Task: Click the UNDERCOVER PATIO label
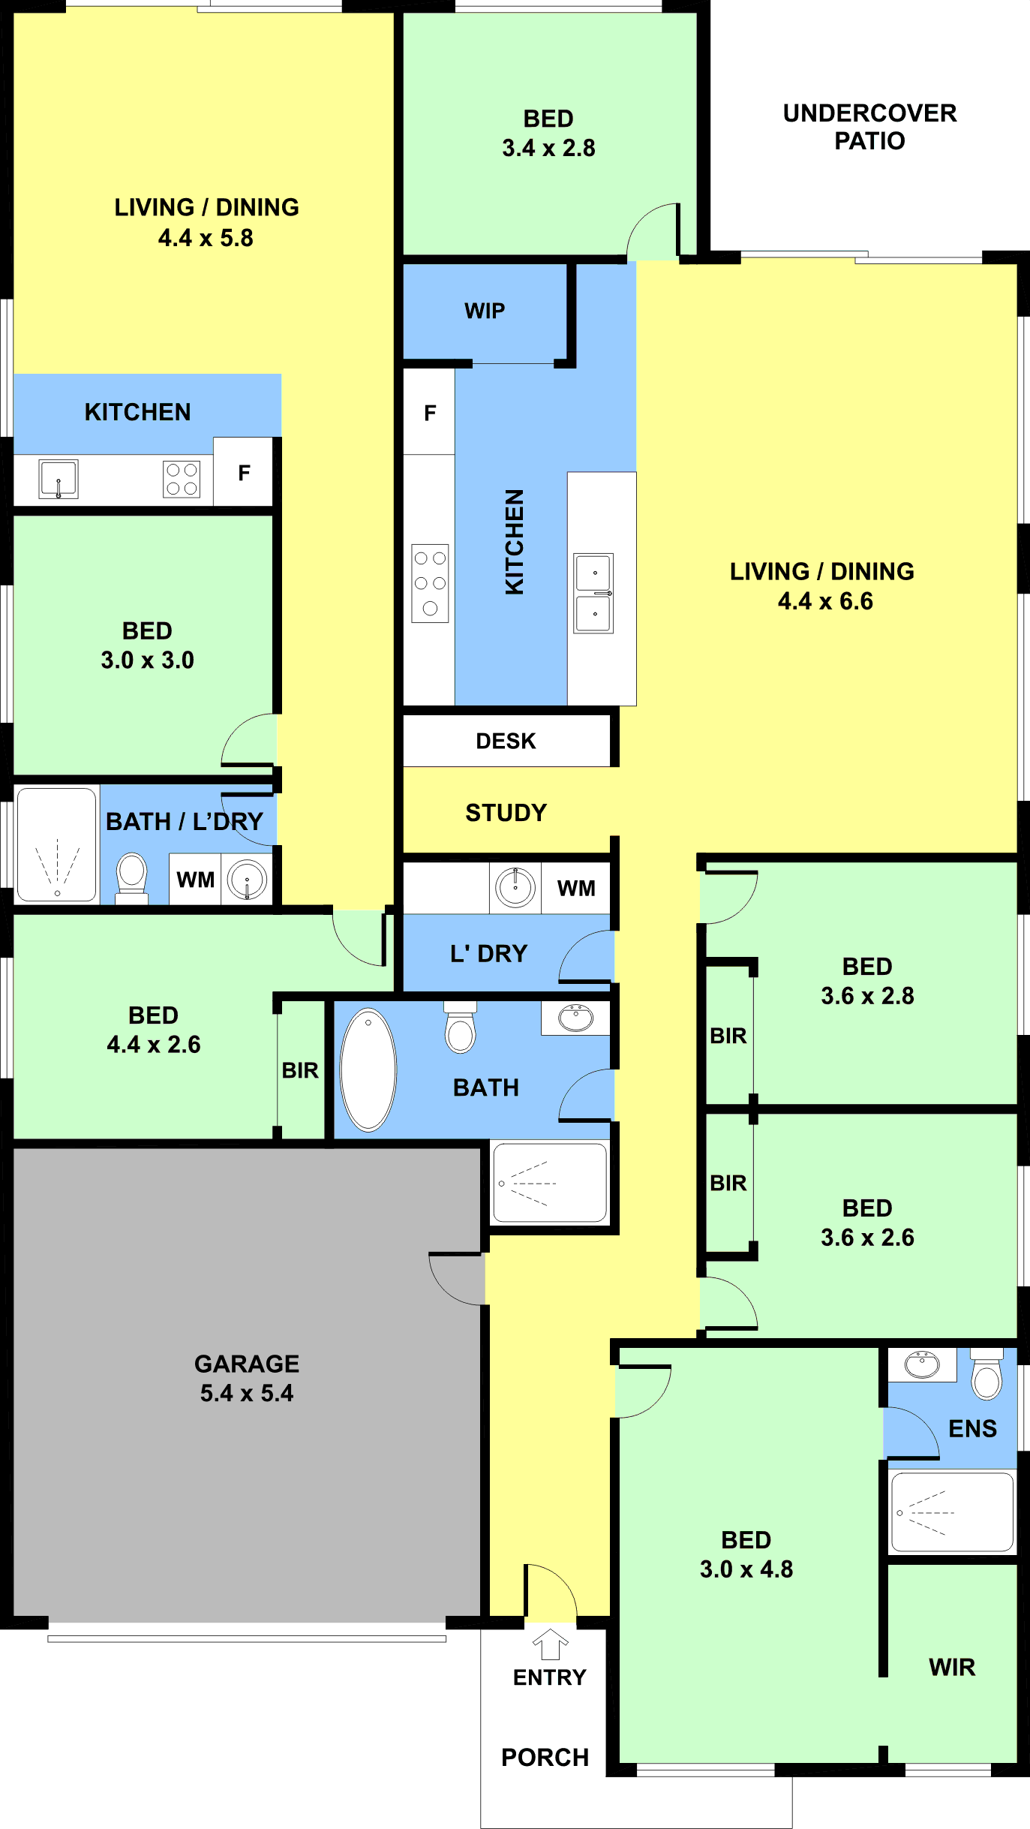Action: pos(869,127)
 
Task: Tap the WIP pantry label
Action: pos(485,311)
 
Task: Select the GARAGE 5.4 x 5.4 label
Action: pos(247,1378)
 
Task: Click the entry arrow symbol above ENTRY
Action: pos(551,1644)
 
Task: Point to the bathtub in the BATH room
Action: pos(368,1069)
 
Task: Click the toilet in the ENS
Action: pos(986,1373)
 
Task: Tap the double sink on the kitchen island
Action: pos(593,593)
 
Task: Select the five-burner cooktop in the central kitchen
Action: pos(430,583)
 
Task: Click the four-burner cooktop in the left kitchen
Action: pos(182,479)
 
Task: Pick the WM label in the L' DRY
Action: pos(576,889)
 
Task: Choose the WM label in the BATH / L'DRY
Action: pos(195,880)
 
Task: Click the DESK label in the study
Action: pos(506,742)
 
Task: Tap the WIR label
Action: pos(952,1668)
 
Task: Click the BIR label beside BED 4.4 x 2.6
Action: pos(300,1070)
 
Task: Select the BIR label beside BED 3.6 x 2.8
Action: pos(728,1036)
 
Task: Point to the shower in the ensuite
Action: pos(952,1512)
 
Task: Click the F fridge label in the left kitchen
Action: pos(244,473)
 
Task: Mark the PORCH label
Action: pos(545,1758)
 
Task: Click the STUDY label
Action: pos(506,813)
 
